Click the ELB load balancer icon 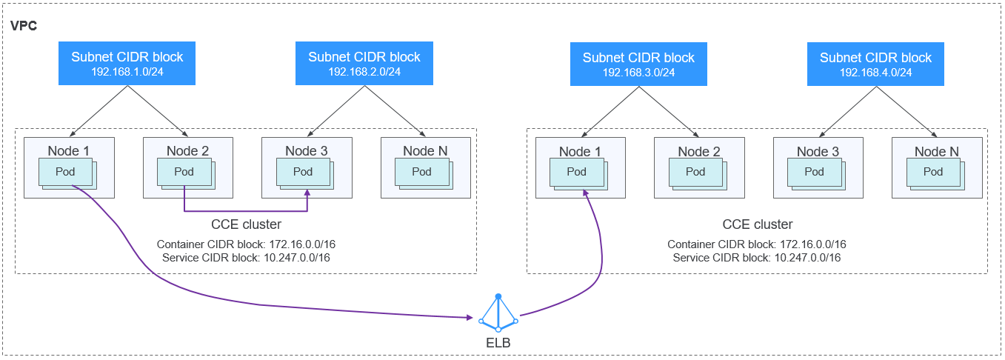pos(498,314)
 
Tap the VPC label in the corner pos(24,26)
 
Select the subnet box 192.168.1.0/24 pos(127,64)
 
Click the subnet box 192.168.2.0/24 pos(364,64)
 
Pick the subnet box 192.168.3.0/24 pos(638,64)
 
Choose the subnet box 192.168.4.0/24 pos(875,64)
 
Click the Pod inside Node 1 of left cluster pos(66,172)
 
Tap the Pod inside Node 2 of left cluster pos(184,172)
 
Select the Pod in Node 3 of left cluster pos(303,172)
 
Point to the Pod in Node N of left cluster pos(421,172)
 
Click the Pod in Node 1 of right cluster pos(577,172)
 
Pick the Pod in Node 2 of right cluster pos(695,172)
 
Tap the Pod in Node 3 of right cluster pos(815,172)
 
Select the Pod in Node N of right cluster pos(933,172)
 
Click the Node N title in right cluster pos(936,151)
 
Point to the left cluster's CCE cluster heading pos(246,224)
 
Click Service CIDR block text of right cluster pos(757,258)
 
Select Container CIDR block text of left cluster pos(247,244)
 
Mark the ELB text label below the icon pos(498,344)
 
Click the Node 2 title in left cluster pos(187,151)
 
